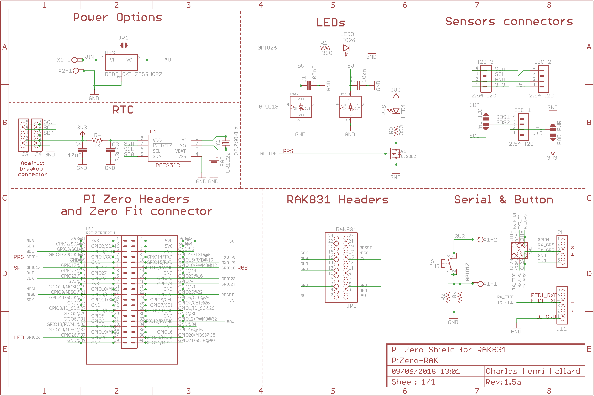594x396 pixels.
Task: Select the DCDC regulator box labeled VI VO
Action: point(121,62)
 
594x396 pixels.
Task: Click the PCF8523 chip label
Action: point(168,165)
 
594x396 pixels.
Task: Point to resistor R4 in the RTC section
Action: point(97,140)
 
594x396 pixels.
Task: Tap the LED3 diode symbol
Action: point(346,48)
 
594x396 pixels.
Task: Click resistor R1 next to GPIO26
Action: point(325,48)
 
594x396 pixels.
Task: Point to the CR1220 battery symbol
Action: point(213,162)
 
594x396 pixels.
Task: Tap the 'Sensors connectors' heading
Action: point(509,22)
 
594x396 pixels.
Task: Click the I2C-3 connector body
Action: point(486,78)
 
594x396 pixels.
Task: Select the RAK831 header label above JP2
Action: point(346,229)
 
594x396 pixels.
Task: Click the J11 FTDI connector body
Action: point(562,305)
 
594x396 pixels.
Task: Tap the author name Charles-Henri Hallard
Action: point(533,371)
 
